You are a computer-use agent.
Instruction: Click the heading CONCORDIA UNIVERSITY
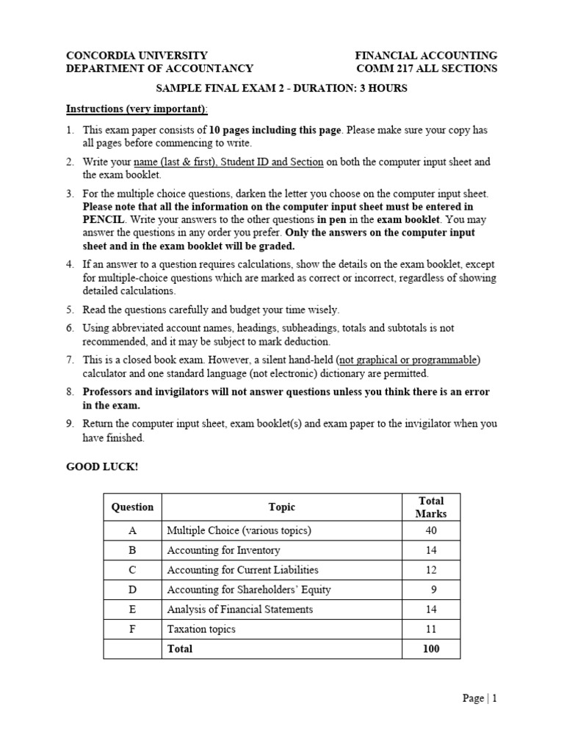pos(137,55)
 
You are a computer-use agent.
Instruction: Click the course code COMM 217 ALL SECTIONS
pos(426,68)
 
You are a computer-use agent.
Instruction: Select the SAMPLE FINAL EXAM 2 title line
pos(281,89)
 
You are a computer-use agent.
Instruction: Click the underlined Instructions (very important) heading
pos(137,109)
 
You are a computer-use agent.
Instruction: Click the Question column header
pos(132,507)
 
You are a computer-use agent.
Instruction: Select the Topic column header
pos(281,507)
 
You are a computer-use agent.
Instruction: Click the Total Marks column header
pos(430,507)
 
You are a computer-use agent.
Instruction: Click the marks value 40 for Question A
pos(430,530)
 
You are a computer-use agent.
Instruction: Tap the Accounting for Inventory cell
pos(223,550)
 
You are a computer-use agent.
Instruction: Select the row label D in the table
pos(132,590)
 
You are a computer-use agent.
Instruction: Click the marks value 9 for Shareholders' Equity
pos(434,590)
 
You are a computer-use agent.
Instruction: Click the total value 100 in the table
pos(430,649)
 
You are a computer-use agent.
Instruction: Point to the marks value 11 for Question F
pos(430,629)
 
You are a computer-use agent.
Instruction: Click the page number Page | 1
pos(480,699)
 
